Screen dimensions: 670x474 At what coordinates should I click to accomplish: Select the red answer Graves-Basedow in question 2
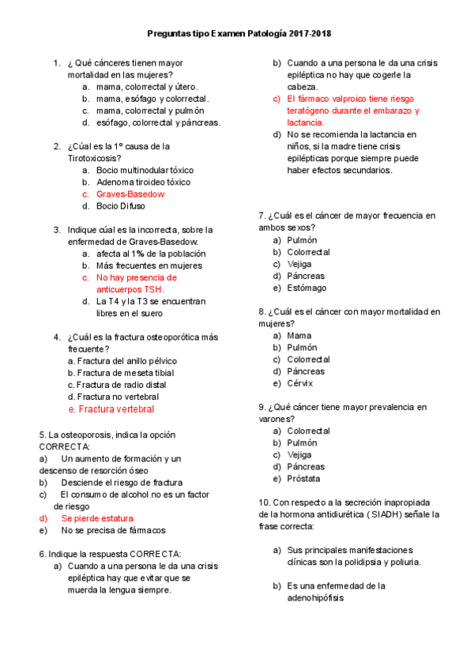[x=130, y=194]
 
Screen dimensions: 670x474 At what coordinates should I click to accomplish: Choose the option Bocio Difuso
[x=120, y=205]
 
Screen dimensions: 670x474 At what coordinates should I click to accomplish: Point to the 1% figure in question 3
[x=137, y=254]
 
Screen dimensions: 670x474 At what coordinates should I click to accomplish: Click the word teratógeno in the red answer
[x=310, y=111]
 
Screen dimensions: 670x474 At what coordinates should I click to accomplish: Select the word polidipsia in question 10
[x=382, y=562]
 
